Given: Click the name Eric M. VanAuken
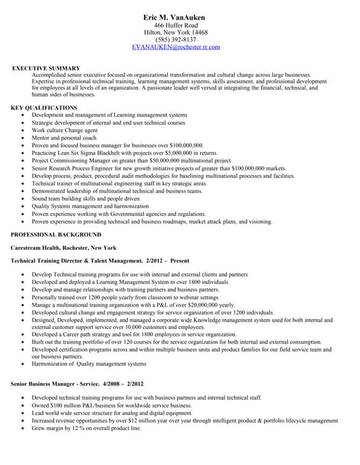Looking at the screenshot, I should [175, 17].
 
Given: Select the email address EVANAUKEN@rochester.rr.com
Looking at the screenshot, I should [175, 46].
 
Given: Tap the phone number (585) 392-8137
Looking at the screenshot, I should [175, 39].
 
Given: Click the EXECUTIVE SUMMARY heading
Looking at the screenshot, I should [47, 68].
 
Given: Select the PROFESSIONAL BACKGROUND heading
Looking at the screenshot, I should [56, 235].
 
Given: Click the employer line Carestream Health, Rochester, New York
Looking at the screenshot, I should [63, 248].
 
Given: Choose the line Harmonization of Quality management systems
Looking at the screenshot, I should [89, 364].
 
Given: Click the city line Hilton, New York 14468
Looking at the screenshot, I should [175, 33].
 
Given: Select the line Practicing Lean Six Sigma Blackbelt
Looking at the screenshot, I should [124, 153].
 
